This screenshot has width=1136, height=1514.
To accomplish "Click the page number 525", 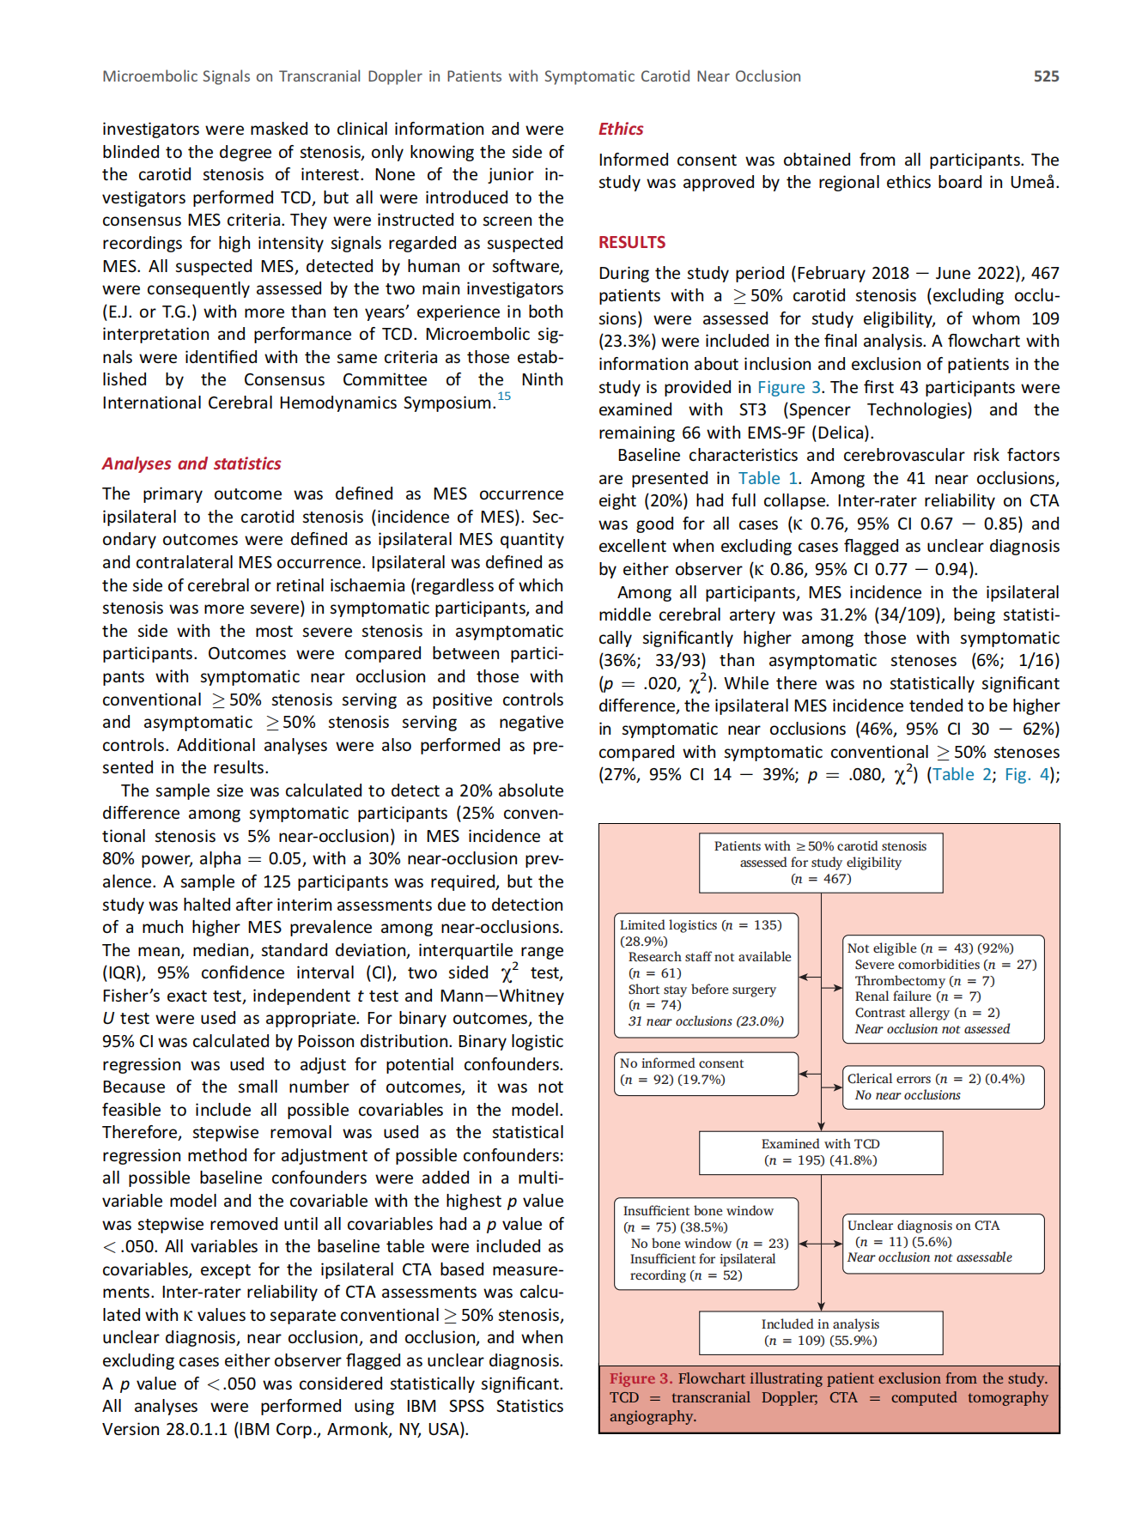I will tap(1045, 76).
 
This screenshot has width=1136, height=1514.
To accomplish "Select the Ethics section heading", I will tap(621, 129).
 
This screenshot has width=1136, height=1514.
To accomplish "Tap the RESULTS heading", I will tap(632, 242).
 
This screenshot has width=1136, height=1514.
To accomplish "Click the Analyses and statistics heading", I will tap(191, 463).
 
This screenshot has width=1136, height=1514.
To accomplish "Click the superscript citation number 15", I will tap(504, 396).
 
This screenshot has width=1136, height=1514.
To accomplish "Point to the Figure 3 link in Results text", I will tap(788, 387).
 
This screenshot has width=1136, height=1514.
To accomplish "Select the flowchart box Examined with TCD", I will tap(820, 1152).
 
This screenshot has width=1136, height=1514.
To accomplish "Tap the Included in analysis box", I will tap(820, 1332).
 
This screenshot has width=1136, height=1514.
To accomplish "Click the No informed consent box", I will tap(706, 1073).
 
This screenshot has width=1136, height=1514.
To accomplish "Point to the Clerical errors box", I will tap(942, 1087).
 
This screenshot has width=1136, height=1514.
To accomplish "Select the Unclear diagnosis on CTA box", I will tap(942, 1242).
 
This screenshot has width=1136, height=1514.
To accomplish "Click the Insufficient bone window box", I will tap(706, 1243).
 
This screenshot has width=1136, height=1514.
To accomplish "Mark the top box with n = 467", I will tap(820, 863).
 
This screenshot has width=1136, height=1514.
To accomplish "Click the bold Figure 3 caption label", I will tap(641, 1378).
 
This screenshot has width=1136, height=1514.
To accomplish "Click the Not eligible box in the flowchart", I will tap(942, 988).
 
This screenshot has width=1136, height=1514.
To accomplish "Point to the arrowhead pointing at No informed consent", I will tap(804, 1074).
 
